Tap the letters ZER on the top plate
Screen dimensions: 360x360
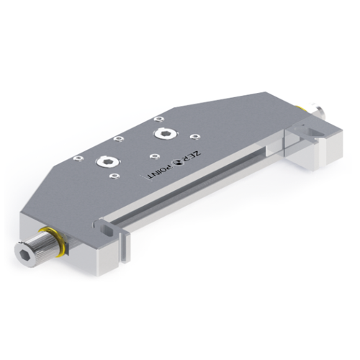click(x=192, y=157)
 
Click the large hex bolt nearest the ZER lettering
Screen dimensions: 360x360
click(x=164, y=133)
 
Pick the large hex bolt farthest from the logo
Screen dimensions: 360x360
click(x=109, y=162)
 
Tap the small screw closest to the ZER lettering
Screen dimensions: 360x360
click(x=195, y=137)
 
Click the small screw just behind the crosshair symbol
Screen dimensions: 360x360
click(x=154, y=156)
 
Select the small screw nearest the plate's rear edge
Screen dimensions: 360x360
click(x=158, y=119)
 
